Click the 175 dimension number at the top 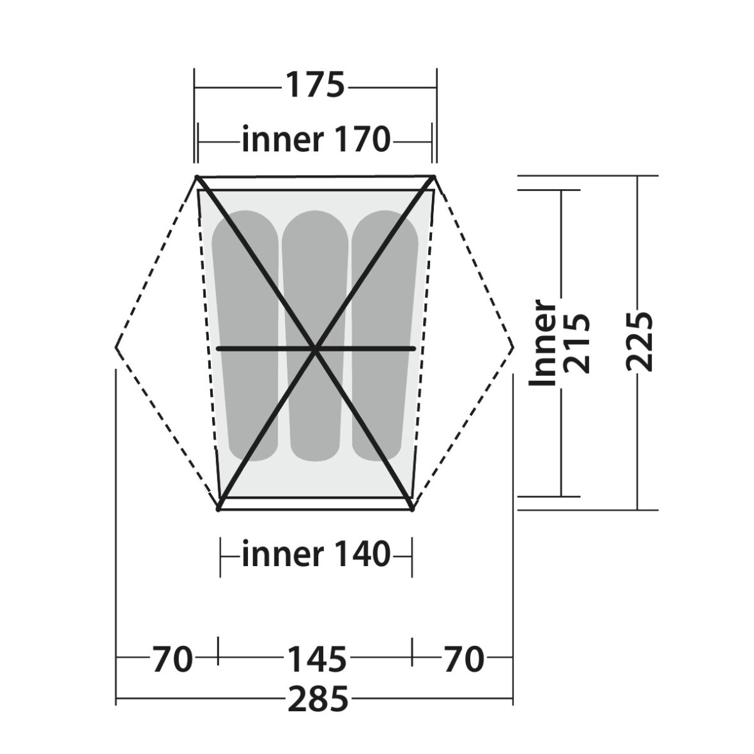(x=316, y=86)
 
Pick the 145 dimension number (x=317, y=659)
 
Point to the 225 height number (x=640, y=341)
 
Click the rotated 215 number (x=576, y=343)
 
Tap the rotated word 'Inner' (x=542, y=342)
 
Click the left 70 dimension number (x=172, y=659)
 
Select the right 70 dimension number (x=463, y=659)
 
